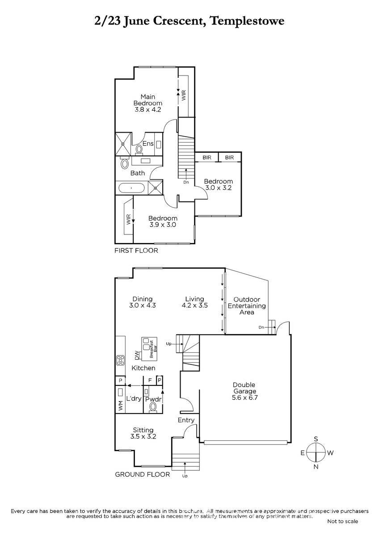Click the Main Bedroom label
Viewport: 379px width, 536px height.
click(148, 100)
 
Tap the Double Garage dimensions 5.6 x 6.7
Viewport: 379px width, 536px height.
click(244, 398)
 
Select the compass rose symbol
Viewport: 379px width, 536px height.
click(316, 452)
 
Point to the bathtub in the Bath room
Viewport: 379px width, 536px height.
click(131, 188)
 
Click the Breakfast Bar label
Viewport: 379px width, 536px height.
click(153, 349)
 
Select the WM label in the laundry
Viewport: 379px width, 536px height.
click(121, 406)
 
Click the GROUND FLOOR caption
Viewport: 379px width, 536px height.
click(143, 474)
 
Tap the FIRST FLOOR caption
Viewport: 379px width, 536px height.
click(136, 251)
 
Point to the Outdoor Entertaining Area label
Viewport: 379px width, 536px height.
click(247, 306)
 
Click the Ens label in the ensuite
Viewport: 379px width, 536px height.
click(148, 143)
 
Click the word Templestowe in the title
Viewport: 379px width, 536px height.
click(247, 21)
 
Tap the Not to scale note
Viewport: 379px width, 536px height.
click(343, 521)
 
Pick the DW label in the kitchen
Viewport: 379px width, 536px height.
click(137, 355)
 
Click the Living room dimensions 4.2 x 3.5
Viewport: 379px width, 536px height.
click(195, 305)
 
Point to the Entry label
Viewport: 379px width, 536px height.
click(186, 420)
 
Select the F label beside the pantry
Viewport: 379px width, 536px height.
click(150, 380)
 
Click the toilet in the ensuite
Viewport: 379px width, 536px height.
click(139, 150)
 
